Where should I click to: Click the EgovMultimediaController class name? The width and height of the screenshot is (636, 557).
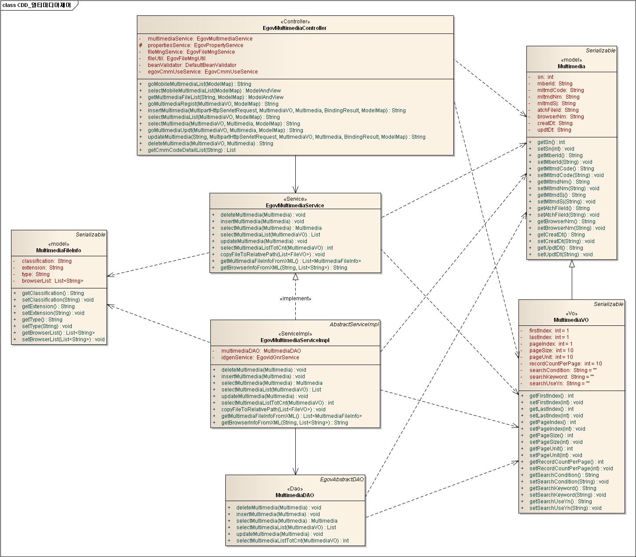295,28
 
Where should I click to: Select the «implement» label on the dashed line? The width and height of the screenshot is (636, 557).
295,299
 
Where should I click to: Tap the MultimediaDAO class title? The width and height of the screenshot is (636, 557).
295,495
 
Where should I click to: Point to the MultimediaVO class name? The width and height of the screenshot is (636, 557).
571,320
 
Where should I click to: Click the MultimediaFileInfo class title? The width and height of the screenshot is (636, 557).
59,251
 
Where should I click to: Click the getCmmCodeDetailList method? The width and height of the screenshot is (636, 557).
191,150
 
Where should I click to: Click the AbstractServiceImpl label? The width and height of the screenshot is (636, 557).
354,325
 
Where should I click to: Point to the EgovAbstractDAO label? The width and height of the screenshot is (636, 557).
342,479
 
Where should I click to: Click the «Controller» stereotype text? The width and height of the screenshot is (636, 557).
295,22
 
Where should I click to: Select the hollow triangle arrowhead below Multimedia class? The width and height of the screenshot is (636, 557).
572,264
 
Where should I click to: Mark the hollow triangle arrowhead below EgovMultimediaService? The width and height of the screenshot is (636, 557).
295,277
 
